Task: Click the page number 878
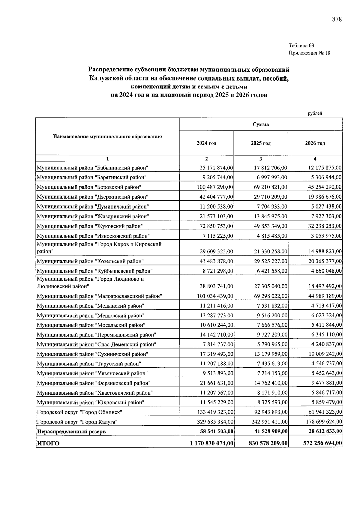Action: tap(337, 19)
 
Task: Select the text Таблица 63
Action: tap(301, 46)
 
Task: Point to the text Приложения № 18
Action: tap(309, 53)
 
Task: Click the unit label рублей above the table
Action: tap(315, 113)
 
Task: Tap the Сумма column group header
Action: tap(261, 124)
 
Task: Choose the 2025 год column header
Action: tap(261, 143)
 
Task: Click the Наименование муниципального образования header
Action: tap(107, 137)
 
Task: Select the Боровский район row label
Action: tap(89, 187)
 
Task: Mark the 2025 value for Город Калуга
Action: tap(269, 422)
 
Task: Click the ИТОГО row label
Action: tap(48, 443)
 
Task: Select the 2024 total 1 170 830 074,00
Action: tap(212, 443)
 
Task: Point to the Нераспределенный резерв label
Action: tap(71, 432)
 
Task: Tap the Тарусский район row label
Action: tap(89, 364)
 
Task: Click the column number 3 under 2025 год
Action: tap(261, 159)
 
